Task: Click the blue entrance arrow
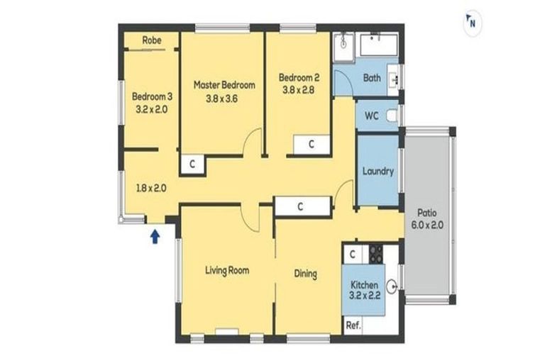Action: coord(155,237)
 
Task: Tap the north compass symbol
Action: coord(473,22)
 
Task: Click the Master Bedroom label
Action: coord(224,85)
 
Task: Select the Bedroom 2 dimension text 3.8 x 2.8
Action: coord(298,90)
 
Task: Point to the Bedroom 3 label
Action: coord(152,96)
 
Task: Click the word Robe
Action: coord(152,40)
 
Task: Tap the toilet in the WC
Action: coord(392,116)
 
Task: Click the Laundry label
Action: coord(378,172)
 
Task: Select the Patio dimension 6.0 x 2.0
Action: coord(427,225)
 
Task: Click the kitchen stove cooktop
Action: coord(375,255)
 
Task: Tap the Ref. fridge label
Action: coord(353,325)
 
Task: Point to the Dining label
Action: coord(306,274)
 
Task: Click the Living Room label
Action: coord(227,270)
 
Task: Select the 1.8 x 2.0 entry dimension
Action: coord(151,189)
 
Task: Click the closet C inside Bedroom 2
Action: coord(312,144)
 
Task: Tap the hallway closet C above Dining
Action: coord(301,207)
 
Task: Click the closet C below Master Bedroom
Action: coord(192,164)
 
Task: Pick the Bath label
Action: coord(372,78)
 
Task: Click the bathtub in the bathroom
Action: coord(379,45)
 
